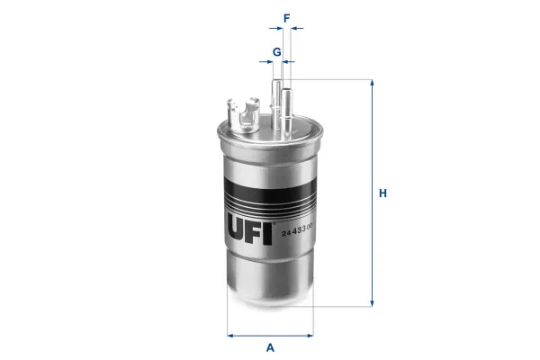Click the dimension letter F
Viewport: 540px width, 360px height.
tap(286, 17)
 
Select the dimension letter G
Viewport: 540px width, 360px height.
tap(277, 51)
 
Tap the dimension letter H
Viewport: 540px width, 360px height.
tap(382, 193)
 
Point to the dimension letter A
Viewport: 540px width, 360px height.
tap(270, 348)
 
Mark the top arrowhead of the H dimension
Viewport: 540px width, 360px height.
tap(372, 84)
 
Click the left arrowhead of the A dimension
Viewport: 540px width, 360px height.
tap(230, 336)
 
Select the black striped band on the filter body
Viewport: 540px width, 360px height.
tap(269, 185)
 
